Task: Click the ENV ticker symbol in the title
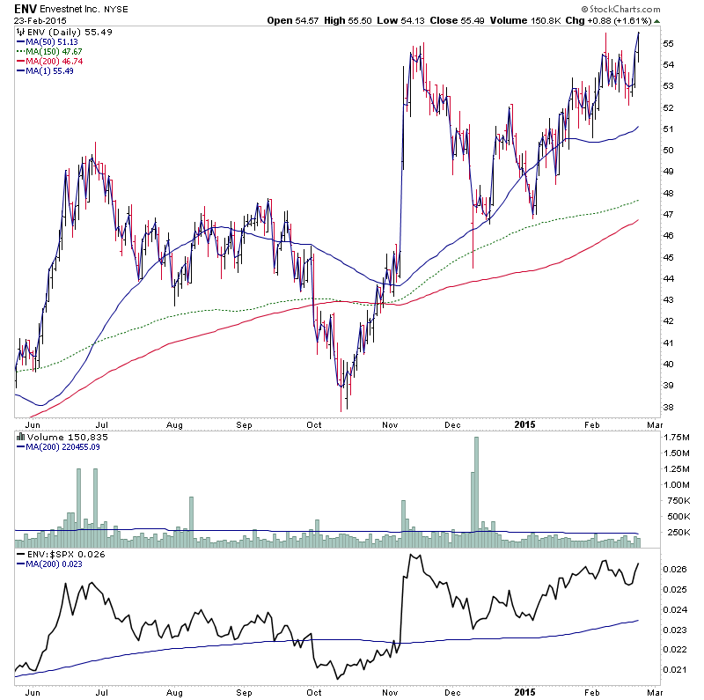pyautogui.click(x=25, y=8)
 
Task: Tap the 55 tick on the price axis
pyautogui.click(x=668, y=43)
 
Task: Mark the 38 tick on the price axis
pyautogui.click(x=668, y=407)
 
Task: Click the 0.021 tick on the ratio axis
pyautogui.click(x=674, y=669)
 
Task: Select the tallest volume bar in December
pyautogui.click(x=476, y=484)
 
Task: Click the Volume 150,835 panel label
pyautogui.click(x=58, y=435)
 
